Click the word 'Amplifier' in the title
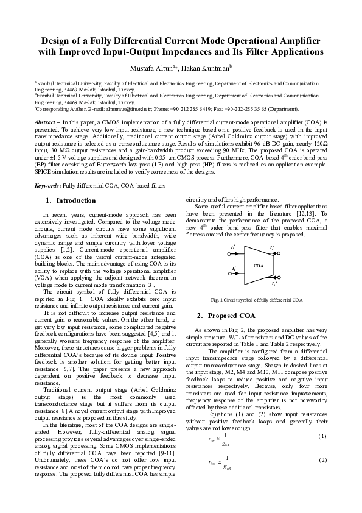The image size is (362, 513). coord(300,40)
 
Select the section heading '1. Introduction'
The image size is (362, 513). coord(71,200)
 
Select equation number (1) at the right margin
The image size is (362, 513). coord(322,436)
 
